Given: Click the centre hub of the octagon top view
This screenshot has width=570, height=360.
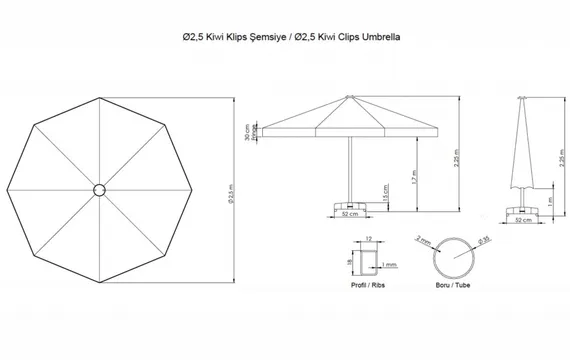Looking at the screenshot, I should (99, 188).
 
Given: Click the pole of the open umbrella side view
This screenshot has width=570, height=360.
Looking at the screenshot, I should (348, 170).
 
